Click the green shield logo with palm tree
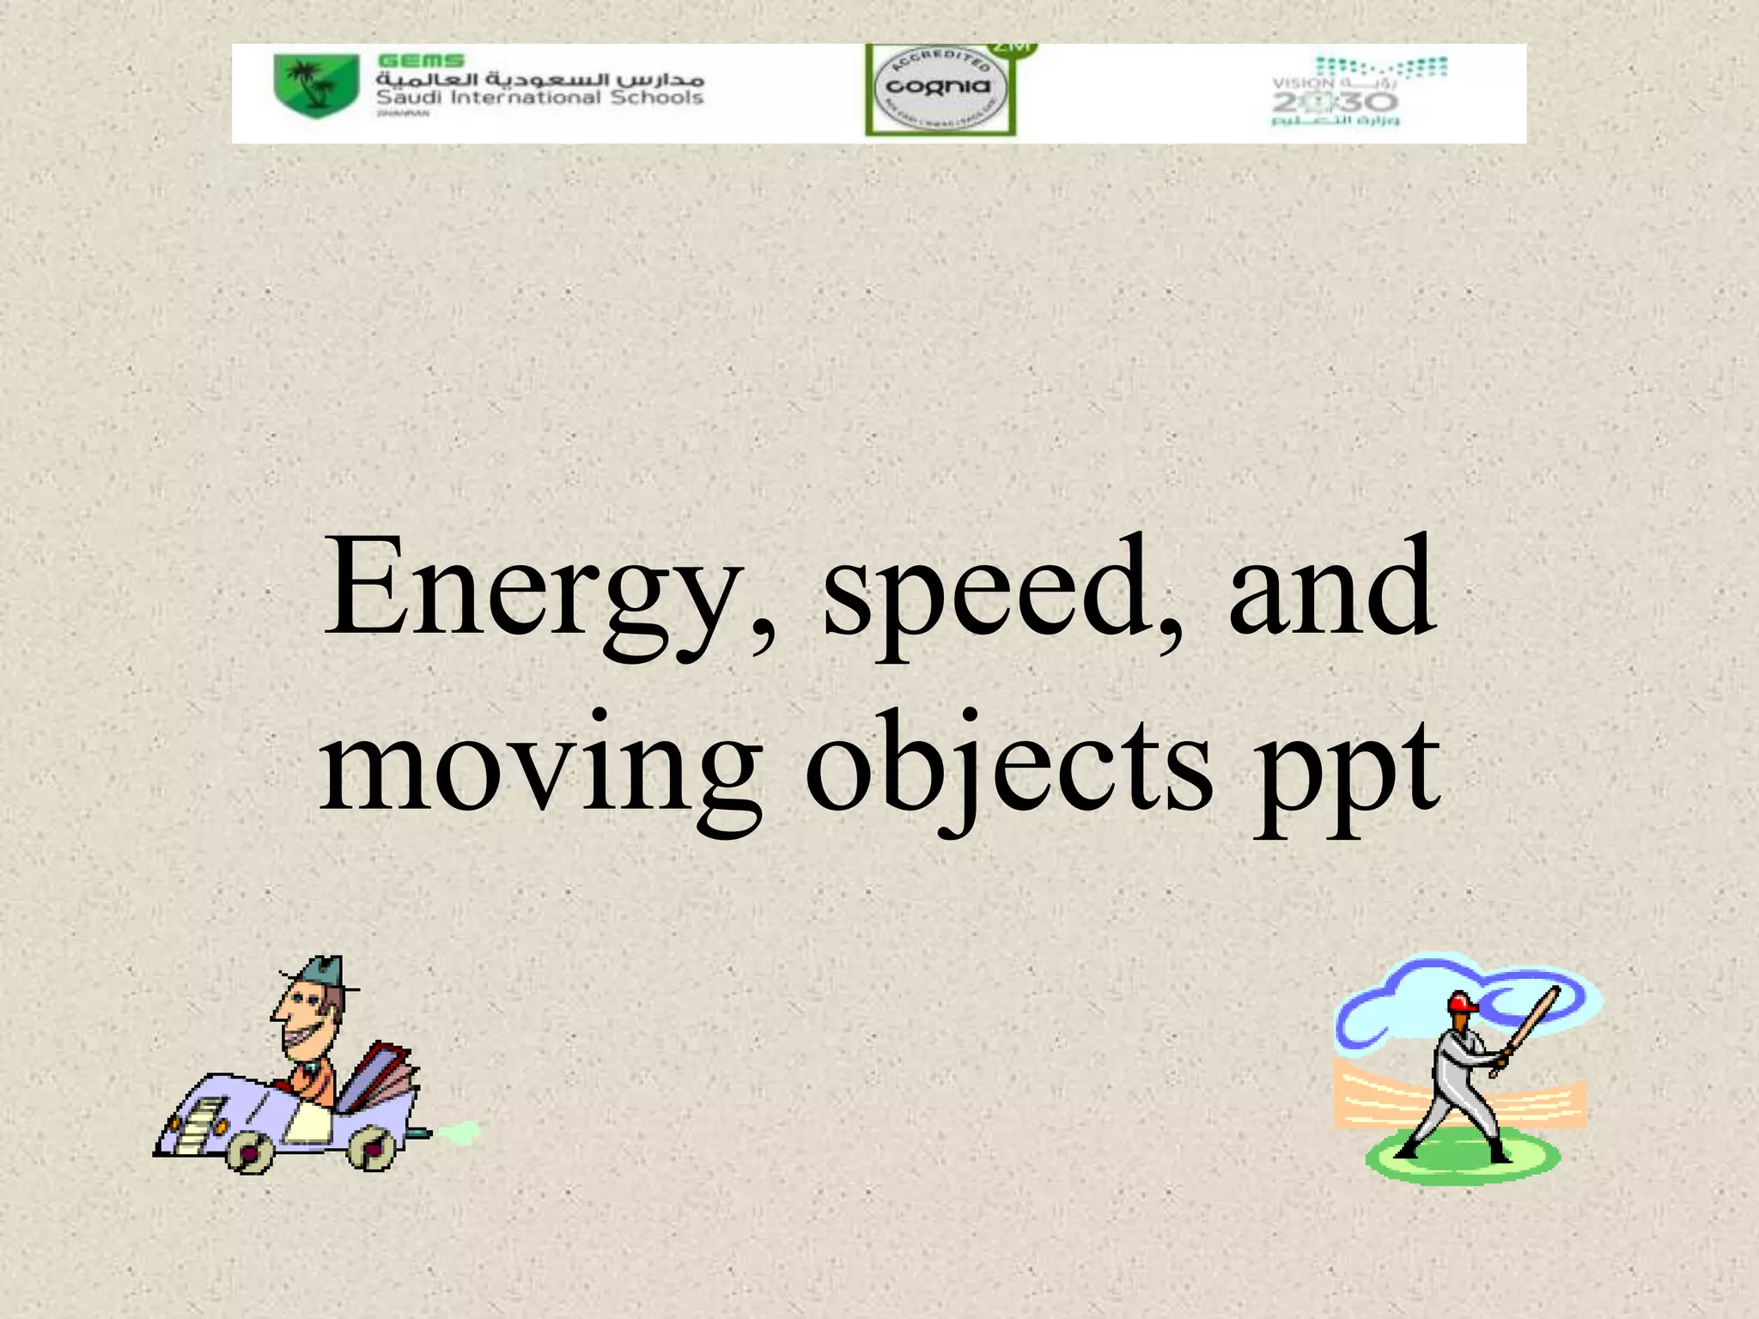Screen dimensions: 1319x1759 (315, 85)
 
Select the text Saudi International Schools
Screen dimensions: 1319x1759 (539, 98)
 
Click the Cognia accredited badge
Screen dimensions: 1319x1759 (939, 88)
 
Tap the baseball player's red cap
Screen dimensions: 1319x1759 (1460, 1002)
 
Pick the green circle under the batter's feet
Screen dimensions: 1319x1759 (1460, 1159)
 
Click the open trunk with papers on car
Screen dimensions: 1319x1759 (382, 1073)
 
